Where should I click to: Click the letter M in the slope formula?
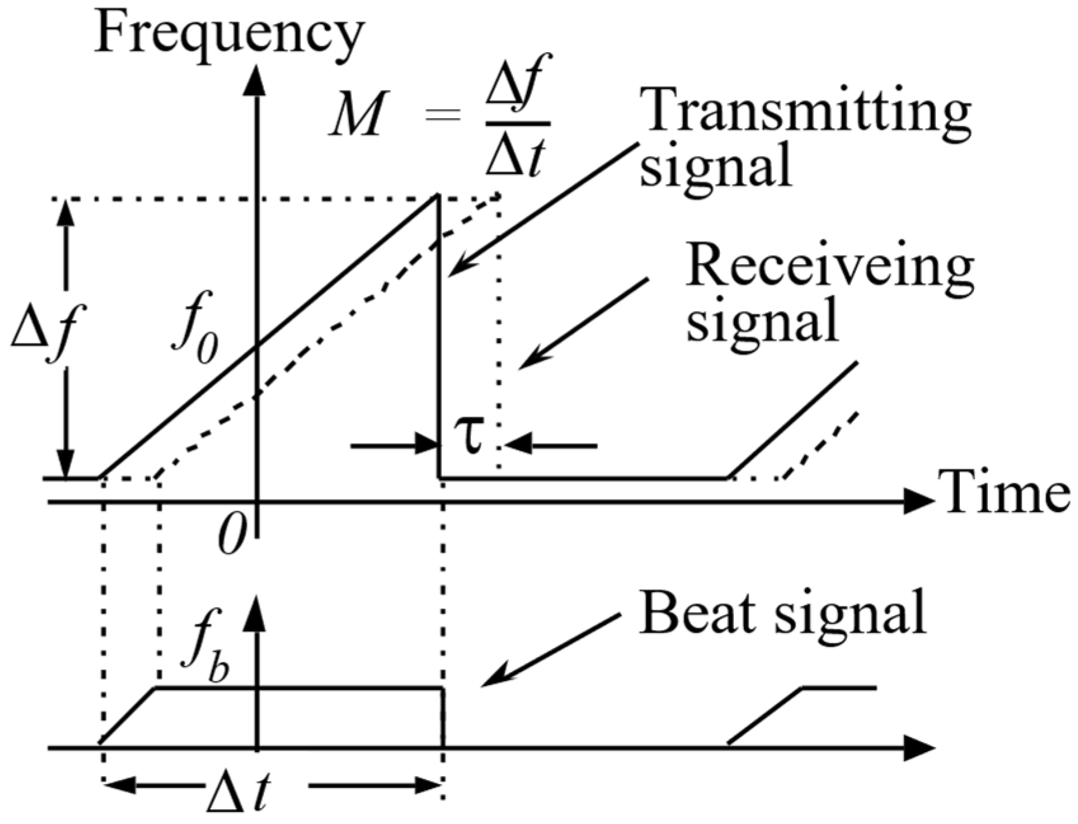(x=358, y=115)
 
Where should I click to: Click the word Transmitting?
(x=805, y=111)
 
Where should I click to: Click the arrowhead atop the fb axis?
(x=256, y=613)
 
